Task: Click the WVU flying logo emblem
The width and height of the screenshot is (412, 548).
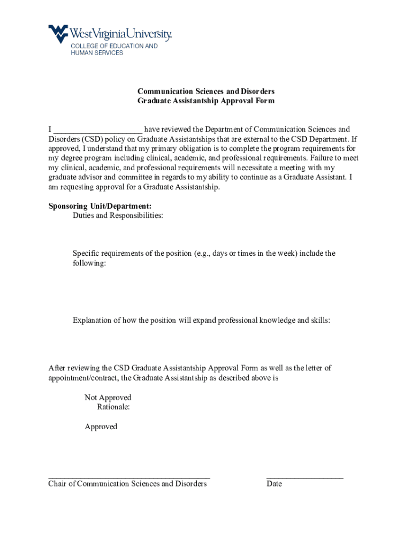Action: coord(58,33)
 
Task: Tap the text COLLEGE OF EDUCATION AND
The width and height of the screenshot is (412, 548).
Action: coord(115,46)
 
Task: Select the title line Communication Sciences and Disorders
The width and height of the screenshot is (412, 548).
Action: coord(206,92)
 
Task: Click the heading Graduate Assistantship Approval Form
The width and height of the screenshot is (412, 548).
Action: coord(206,101)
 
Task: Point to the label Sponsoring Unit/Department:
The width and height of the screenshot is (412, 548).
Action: coord(100,206)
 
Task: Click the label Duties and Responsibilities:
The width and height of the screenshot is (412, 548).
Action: coord(118,216)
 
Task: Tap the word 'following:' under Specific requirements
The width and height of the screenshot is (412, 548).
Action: coord(89,264)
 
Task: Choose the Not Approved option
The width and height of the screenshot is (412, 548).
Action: coord(108,398)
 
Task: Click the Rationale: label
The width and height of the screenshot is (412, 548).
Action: coord(113,407)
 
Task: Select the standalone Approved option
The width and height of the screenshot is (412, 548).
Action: coord(101,427)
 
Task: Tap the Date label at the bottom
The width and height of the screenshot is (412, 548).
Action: coord(274,484)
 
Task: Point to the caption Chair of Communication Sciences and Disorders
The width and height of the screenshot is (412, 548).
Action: coord(127,484)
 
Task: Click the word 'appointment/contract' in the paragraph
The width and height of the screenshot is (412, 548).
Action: coord(83,378)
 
